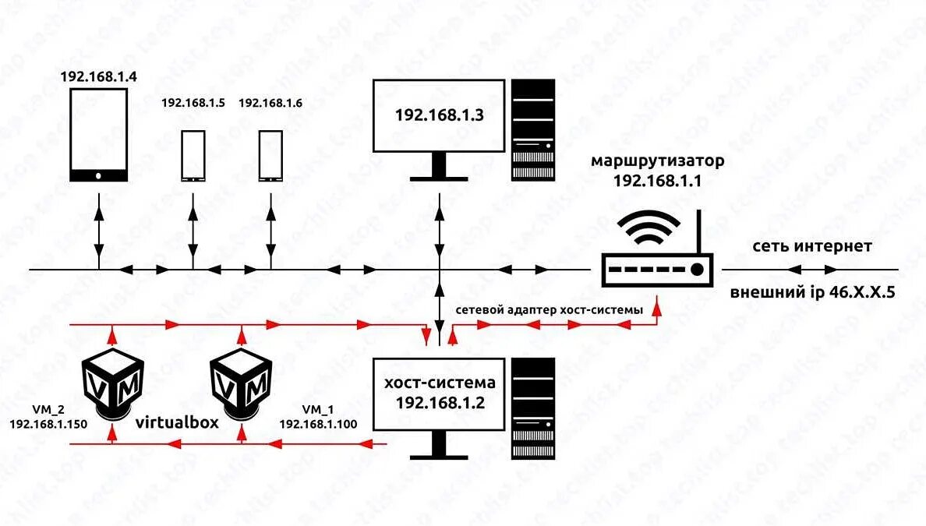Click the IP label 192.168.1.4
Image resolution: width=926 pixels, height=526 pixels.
[x=98, y=77]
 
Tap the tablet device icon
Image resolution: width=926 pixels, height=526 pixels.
[x=99, y=135]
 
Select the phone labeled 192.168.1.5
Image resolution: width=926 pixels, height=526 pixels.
[x=193, y=156]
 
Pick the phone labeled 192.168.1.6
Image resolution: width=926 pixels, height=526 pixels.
[x=270, y=156]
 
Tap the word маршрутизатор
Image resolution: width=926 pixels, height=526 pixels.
[x=658, y=161]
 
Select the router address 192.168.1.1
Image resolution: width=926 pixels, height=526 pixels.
[x=658, y=180]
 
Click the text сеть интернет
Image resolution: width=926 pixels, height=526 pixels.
[x=811, y=247]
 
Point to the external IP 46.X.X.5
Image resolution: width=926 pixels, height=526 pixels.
[x=811, y=293]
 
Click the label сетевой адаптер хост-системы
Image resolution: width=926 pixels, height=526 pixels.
[x=550, y=310]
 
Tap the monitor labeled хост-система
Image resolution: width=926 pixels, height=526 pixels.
[x=440, y=394]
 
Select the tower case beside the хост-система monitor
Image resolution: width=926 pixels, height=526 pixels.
[x=533, y=408]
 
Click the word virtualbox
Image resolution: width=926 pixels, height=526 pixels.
[x=177, y=422]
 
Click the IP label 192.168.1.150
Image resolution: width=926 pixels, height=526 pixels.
[x=48, y=423]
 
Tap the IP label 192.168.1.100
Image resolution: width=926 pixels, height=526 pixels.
[x=318, y=423]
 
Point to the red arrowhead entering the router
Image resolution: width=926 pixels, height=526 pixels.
[x=658, y=309]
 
